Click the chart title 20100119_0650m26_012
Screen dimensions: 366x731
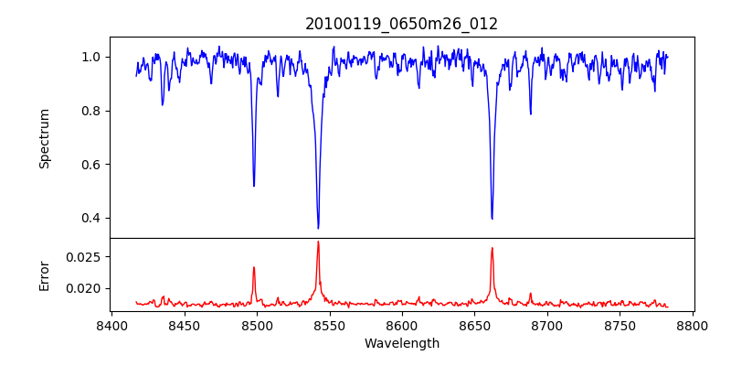(x=401, y=24)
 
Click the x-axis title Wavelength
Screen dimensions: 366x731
(x=401, y=343)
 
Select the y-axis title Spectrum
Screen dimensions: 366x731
(x=44, y=138)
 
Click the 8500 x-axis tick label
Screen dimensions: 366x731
(x=257, y=325)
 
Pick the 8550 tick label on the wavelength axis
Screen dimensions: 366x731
(x=329, y=325)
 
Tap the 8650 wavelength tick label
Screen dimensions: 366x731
(x=474, y=325)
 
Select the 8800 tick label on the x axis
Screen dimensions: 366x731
(x=693, y=325)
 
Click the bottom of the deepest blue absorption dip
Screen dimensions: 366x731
(x=318, y=228)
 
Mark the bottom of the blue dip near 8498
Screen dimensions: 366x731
(x=254, y=186)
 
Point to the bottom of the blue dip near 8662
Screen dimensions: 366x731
(x=492, y=219)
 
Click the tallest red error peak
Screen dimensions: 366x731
(x=318, y=242)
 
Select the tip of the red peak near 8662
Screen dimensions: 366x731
(x=492, y=248)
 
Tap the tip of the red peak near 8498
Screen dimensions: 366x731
(x=254, y=267)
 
